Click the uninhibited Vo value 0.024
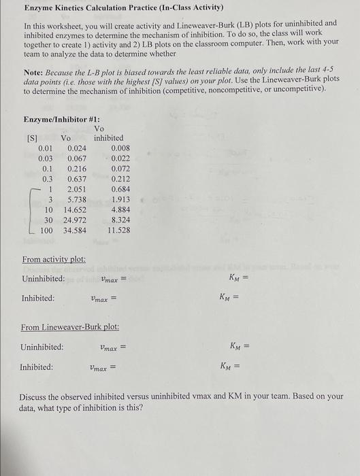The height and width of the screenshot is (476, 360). [x=76, y=147]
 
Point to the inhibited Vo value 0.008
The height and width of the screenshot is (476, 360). [x=120, y=147]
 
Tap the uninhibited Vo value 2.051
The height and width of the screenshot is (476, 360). [x=76, y=189]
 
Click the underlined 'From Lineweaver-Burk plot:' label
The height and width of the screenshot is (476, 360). [x=71, y=327]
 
